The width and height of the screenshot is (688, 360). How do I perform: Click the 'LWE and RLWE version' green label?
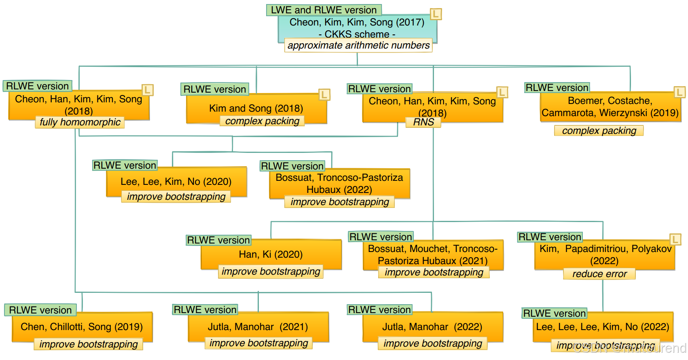pyautogui.click(x=324, y=10)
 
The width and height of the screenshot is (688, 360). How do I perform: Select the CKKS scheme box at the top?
pyautogui.click(x=357, y=27)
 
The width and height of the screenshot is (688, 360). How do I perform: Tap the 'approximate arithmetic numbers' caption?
pyautogui.click(x=358, y=45)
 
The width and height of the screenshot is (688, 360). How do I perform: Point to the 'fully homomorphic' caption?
pyautogui.click(x=80, y=122)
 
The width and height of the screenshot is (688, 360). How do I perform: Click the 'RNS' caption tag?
pyautogui.click(x=423, y=122)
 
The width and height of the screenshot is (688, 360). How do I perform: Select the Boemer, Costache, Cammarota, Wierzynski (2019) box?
pyautogui.click(x=610, y=106)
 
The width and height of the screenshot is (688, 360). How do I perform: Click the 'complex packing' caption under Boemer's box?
pyautogui.click(x=599, y=131)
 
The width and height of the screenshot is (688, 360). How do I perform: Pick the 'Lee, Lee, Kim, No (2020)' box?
pyautogui.click(x=176, y=181)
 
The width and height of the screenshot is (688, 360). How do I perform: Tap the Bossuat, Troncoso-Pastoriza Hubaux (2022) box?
pyautogui.click(x=339, y=183)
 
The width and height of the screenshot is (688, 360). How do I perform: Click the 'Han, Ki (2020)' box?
pyautogui.click(x=271, y=254)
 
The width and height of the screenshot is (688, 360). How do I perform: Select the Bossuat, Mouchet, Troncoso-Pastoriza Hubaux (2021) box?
pyautogui.click(x=433, y=254)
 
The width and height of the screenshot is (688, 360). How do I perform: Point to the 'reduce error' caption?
pyautogui.click(x=599, y=274)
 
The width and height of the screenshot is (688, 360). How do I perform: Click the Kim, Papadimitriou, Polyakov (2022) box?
pyautogui.click(x=605, y=254)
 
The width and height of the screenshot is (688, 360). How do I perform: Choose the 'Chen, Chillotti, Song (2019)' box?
pyautogui.click(x=82, y=326)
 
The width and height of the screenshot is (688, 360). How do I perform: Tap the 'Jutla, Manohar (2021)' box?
pyautogui.click(x=258, y=326)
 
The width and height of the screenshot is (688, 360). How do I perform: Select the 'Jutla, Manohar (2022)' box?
pyautogui.click(x=432, y=326)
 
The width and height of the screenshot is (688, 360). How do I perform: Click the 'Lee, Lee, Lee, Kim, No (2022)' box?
pyautogui.click(x=603, y=326)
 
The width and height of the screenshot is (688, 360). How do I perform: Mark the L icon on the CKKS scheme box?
pyautogui.click(x=436, y=14)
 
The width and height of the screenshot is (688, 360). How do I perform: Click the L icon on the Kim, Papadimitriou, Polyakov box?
pyautogui.click(x=675, y=239)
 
